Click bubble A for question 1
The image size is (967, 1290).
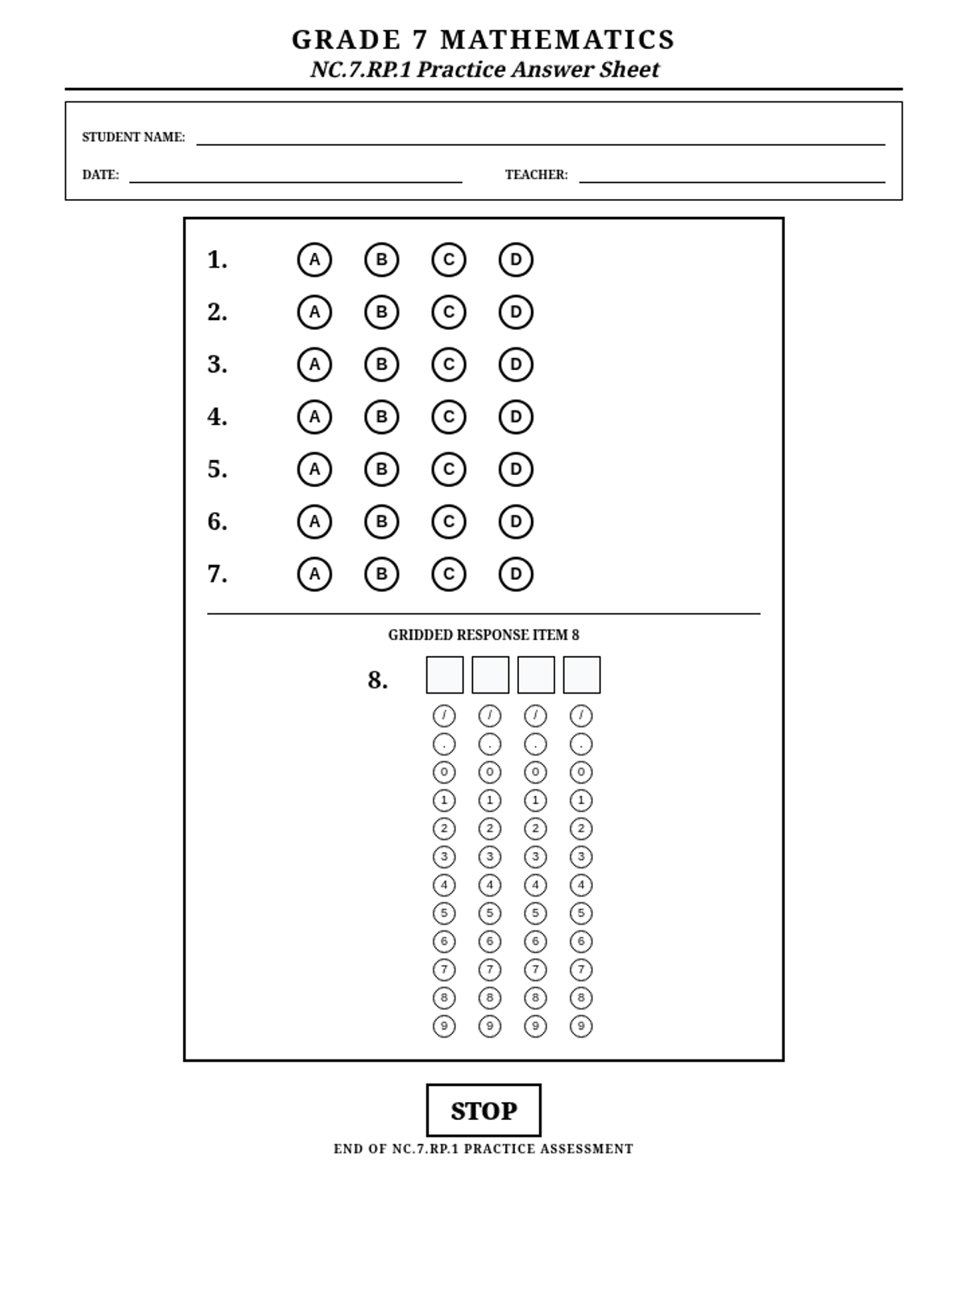point(314,260)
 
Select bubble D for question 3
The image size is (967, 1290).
point(516,364)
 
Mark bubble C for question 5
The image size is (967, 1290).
point(449,469)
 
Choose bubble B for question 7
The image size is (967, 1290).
point(381,574)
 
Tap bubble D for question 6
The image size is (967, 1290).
point(516,522)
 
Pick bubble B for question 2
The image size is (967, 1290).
point(381,312)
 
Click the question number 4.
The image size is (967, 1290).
point(217,417)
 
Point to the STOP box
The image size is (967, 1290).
point(483,1110)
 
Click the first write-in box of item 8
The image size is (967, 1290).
point(445,675)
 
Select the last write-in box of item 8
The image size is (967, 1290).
point(582,675)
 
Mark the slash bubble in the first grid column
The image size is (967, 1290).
point(444,716)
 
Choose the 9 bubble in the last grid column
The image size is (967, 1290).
point(581,1026)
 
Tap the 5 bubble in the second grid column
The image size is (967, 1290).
point(490,913)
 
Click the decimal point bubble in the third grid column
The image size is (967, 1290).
point(535,744)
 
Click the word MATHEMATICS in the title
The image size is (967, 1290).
point(558,40)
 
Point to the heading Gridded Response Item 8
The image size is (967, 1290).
point(483,635)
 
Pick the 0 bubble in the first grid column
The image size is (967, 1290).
point(444,772)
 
